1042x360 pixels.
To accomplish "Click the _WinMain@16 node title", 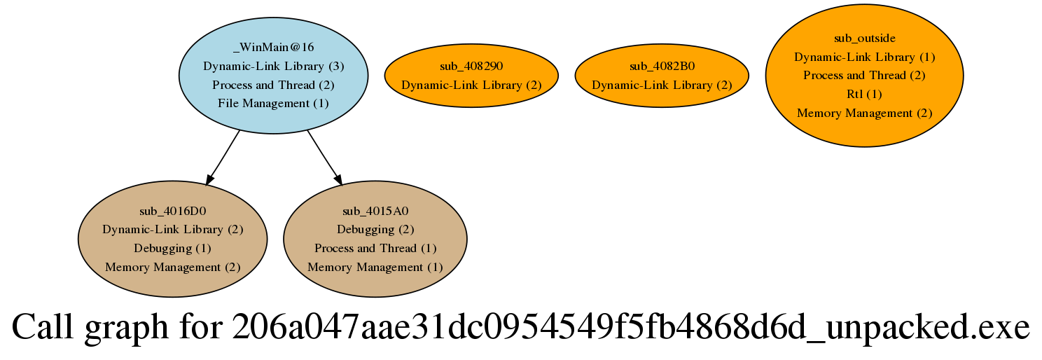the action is tap(274, 48).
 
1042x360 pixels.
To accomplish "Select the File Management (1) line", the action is tap(274, 103).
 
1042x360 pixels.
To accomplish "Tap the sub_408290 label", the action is tap(471, 66).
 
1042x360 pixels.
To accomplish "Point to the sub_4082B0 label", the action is tap(662, 66).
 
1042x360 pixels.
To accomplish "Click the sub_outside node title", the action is tap(864, 38).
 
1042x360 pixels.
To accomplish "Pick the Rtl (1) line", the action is tap(864, 94).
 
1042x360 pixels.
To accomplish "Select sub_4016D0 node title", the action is tap(172, 211).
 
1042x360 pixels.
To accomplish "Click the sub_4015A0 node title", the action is tap(375, 211).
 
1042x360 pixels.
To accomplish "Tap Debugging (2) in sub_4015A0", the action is tap(375, 229).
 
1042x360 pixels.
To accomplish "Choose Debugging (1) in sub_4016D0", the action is tap(172, 249).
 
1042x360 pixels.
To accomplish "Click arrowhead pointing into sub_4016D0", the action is tap(210, 180).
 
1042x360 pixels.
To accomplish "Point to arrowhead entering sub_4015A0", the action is tap(338, 180).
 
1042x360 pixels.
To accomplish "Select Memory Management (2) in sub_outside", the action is tap(864, 113).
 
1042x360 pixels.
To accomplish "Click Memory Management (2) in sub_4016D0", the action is tap(172, 267).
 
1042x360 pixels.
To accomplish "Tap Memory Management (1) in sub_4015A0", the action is tap(375, 267).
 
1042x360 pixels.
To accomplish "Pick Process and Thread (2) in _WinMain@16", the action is tap(274, 85).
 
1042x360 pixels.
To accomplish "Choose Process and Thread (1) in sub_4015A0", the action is tap(375, 249).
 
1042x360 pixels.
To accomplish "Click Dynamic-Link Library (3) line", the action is tap(274, 66).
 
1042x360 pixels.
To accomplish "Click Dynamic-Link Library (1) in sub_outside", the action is tap(864, 57).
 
